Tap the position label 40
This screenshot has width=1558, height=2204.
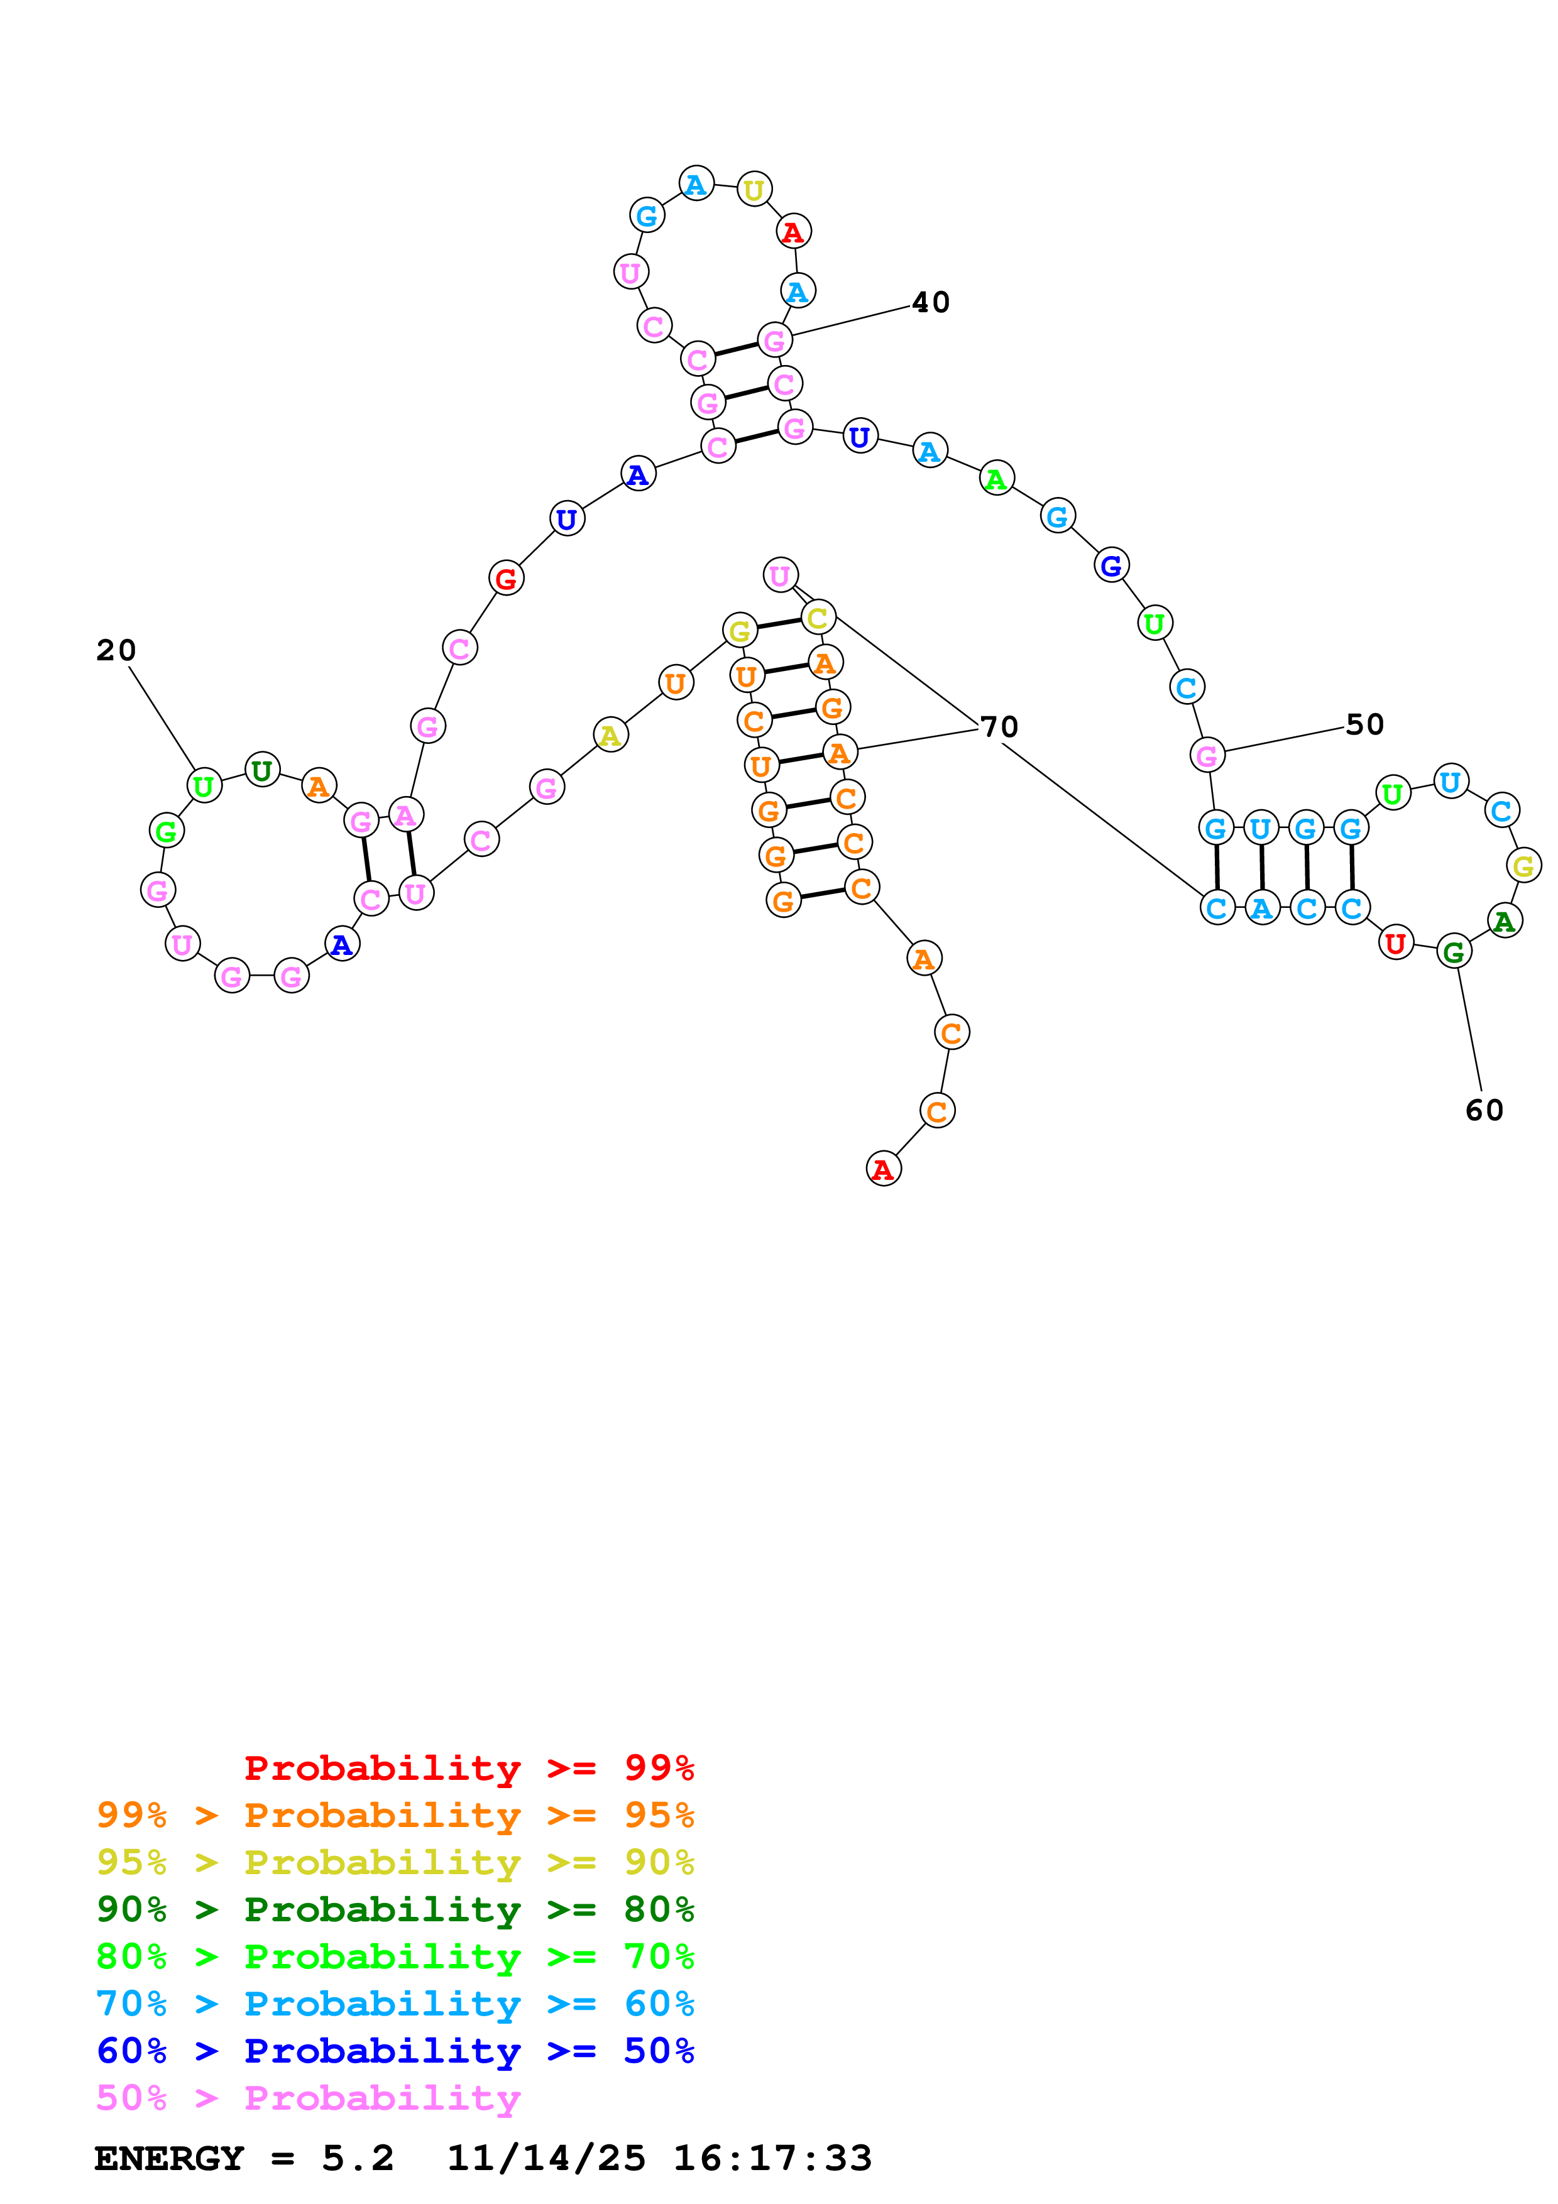[930, 302]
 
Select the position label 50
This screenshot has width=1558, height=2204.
[1364, 725]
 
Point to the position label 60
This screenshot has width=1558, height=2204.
[1484, 1111]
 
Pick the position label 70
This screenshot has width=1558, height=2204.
[999, 727]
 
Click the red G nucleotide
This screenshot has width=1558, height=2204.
[506, 578]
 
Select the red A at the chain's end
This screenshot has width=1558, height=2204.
[883, 1169]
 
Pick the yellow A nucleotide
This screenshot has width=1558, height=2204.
[610, 736]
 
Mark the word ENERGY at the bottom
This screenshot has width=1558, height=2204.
[169, 2159]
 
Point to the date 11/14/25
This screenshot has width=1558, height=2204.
[546, 2159]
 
